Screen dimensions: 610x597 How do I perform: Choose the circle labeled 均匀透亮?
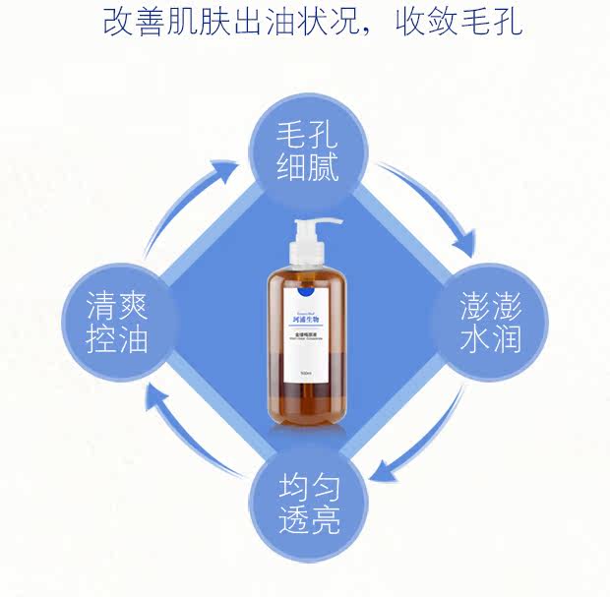tap(306, 502)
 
